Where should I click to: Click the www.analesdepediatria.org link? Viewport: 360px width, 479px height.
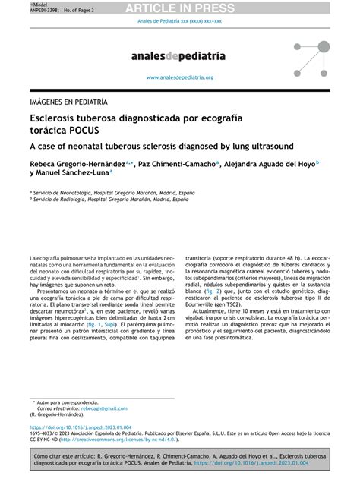point(179,77)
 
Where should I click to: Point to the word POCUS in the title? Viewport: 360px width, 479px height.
point(78,130)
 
